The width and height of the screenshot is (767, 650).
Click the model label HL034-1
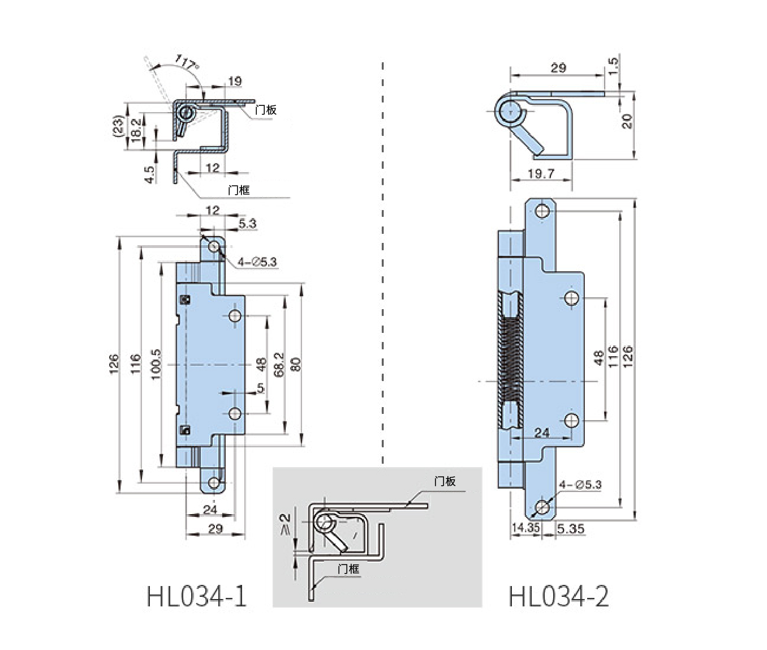[x=197, y=596]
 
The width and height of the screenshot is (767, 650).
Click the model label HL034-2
[x=559, y=596]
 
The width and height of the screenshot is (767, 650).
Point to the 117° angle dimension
[x=187, y=62]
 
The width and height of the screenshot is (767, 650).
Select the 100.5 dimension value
[x=157, y=364]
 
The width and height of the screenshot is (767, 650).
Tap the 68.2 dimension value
[x=278, y=365]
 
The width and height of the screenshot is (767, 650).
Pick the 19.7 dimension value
[x=541, y=174]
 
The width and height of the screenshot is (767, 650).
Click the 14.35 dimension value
[x=525, y=528]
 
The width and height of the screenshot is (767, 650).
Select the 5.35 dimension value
[x=570, y=529]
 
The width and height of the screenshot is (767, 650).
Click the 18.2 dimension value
[x=136, y=130]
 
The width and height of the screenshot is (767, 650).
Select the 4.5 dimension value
[x=150, y=174]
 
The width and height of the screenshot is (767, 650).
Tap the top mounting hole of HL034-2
[x=542, y=212]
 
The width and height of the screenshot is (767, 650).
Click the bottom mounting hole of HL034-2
[x=543, y=507]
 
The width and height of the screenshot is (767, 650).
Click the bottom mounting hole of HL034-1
[x=214, y=482]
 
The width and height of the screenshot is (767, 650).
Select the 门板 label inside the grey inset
[x=445, y=481]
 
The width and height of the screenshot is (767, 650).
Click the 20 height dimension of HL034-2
[x=627, y=121]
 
